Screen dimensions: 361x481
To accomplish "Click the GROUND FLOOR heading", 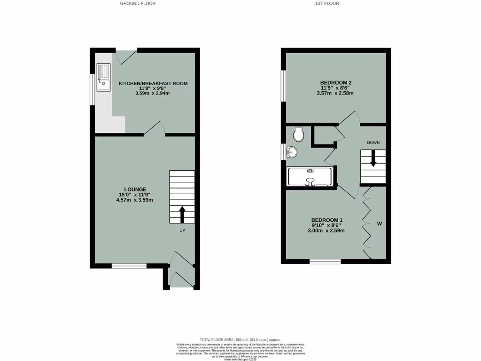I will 138,3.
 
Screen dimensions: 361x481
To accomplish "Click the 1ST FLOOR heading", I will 327,3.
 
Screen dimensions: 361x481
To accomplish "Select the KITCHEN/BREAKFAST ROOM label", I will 153,84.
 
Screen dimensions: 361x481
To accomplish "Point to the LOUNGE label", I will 135,189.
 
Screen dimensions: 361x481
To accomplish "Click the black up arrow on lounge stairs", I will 182,214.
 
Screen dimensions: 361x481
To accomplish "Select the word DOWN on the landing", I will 373,142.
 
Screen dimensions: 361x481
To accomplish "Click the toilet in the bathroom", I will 298,135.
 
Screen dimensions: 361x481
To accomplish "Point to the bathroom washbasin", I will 292,152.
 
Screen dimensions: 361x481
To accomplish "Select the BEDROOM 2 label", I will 336,83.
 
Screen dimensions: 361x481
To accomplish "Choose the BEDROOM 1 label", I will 327,220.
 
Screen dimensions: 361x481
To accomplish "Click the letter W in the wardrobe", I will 379,224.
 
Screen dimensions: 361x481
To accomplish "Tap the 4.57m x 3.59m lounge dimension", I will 135,200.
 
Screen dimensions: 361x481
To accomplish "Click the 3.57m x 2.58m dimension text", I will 336,93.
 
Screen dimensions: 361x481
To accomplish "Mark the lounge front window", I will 128,266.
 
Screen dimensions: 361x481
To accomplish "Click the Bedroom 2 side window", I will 283,86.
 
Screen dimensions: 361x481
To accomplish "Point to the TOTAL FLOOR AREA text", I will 240,339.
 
